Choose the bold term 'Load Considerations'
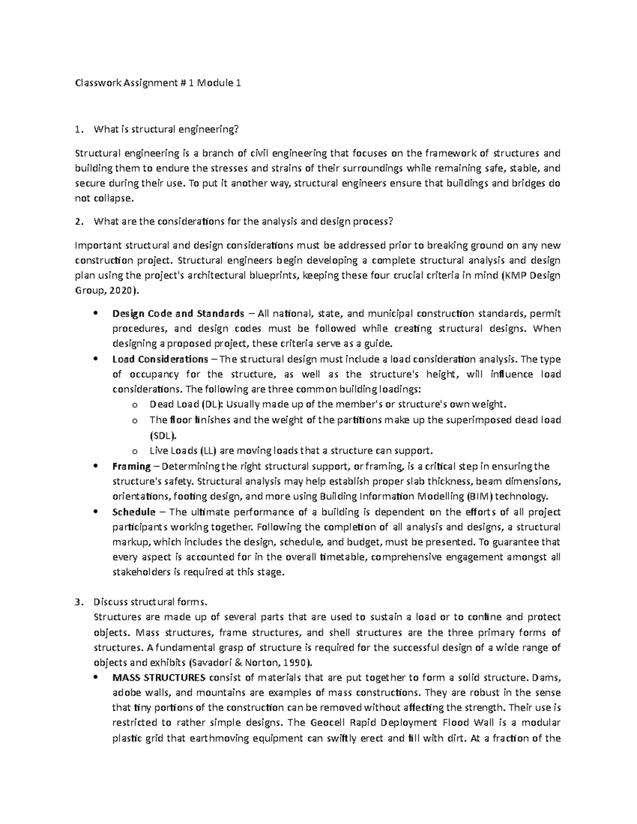160,359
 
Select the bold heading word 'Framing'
132,466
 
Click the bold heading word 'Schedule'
134,512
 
